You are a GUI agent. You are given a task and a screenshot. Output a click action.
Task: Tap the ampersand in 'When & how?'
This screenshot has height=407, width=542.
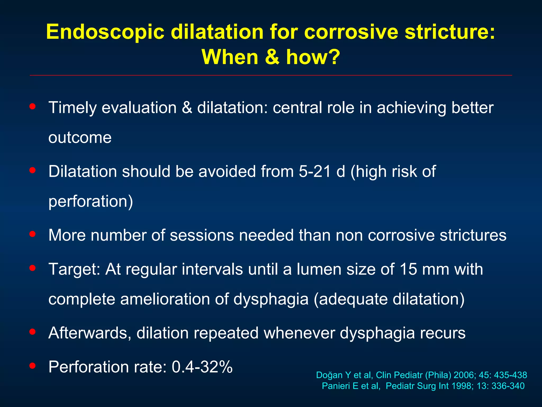272,57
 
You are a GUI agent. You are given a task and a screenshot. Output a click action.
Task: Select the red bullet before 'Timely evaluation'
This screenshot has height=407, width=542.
33,107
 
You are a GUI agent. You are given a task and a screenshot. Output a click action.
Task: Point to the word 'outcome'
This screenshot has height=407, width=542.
80,138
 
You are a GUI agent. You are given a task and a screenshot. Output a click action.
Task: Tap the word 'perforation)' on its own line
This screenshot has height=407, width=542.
91,201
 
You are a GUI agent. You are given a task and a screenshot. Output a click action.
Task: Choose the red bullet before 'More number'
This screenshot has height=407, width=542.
33,234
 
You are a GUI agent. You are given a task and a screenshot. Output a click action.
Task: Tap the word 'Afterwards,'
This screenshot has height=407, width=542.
90,333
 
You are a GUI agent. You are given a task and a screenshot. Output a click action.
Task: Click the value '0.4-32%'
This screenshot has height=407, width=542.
202,367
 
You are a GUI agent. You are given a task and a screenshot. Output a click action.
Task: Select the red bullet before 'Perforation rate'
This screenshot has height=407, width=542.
33,366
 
